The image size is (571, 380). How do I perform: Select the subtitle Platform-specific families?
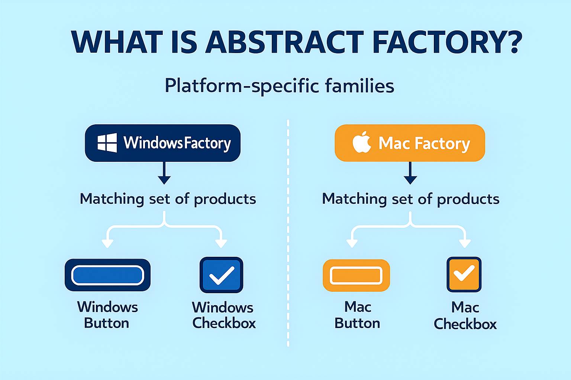279,86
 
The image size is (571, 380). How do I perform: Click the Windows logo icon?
107,143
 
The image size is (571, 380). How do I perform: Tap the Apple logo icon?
362,142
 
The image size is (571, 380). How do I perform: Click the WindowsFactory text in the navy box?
177,143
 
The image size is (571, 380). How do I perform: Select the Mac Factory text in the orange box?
424,143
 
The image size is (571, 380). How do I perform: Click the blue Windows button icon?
107,275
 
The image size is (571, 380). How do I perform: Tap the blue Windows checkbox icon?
221,275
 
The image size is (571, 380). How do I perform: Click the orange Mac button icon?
356,275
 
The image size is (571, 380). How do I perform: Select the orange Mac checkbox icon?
464,275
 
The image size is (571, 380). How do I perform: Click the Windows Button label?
107,315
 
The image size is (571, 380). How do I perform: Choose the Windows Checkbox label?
223,315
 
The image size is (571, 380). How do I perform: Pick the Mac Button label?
357,315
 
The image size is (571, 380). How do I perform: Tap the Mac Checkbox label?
465,316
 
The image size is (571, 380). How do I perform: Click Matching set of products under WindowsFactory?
168,199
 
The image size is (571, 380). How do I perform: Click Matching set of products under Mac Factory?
410,199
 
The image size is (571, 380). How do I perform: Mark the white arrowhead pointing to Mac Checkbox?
465,243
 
